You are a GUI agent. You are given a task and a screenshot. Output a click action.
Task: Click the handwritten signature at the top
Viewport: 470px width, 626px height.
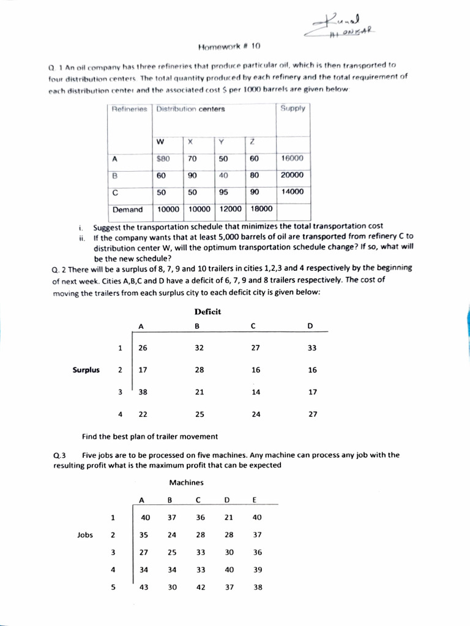point(343,25)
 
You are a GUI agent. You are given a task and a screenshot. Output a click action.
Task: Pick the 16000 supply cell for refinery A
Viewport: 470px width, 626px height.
point(292,158)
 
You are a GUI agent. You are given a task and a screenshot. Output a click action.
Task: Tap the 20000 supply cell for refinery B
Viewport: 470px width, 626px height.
point(292,175)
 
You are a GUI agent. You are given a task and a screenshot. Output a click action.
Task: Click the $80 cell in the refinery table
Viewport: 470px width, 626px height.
point(163,158)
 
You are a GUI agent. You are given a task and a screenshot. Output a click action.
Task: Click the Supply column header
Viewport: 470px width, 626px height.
point(293,109)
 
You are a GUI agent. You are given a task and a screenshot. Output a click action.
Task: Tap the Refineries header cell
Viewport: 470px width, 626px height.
point(129,109)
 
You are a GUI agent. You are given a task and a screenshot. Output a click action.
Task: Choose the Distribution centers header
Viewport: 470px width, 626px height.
point(190,109)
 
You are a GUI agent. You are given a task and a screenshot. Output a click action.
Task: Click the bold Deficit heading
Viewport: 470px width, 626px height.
point(207,312)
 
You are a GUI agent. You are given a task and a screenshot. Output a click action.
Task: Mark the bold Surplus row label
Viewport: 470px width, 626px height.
point(86,370)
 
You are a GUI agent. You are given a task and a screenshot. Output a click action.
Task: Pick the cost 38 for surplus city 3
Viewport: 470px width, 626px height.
point(143,392)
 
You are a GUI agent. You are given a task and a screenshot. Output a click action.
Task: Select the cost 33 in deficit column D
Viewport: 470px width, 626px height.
point(312,348)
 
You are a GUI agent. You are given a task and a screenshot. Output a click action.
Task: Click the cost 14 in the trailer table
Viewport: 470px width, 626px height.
point(255,392)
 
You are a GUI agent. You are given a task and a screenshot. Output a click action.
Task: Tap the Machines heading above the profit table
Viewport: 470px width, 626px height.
point(187,482)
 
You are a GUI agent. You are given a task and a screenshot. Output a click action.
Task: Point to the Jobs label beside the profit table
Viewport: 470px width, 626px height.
point(85,535)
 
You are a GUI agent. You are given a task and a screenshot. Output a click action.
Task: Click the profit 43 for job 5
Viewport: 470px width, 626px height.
point(145,587)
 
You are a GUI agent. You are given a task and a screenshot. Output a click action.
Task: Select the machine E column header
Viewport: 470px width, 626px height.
point(255,500)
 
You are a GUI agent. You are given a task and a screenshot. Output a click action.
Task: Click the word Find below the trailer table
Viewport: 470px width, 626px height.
point(90,436)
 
